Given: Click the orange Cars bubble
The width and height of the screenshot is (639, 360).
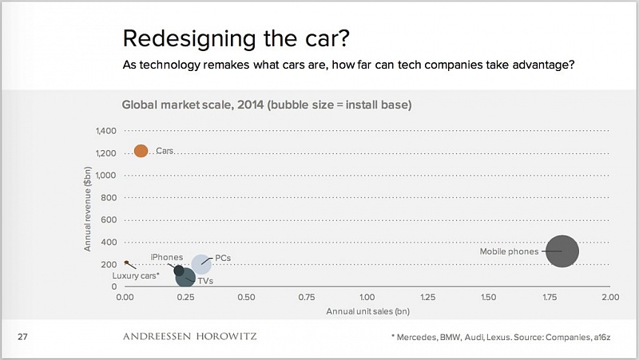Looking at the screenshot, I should tap(141, 151).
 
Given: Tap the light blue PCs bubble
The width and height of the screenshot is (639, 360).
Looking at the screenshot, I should tap(202, 263).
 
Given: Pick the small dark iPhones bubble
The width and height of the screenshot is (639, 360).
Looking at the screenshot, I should tap(180, 270).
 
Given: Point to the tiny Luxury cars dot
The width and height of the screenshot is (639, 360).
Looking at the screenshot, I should tap(126, 262).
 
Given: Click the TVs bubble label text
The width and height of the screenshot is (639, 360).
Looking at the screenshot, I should tap(205, 281).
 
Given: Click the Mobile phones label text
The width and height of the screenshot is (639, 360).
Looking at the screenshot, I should tap(509, 251).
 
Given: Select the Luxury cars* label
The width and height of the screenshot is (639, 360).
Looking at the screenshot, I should tap(136, 275).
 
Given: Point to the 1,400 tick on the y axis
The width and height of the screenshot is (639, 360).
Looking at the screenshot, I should tap(105, 130).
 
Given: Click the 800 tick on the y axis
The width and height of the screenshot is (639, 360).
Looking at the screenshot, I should tap(109, 197).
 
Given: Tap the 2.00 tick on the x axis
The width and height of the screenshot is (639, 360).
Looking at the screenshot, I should tap(610, 297).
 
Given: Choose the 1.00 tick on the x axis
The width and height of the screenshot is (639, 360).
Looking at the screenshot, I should tap(367, 297).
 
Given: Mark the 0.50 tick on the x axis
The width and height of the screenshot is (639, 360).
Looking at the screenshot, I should tap(246, 297).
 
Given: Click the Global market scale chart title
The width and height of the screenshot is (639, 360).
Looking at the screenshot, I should tap(266, 105).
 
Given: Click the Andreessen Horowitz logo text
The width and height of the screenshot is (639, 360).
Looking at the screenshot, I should tap(190, 337).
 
